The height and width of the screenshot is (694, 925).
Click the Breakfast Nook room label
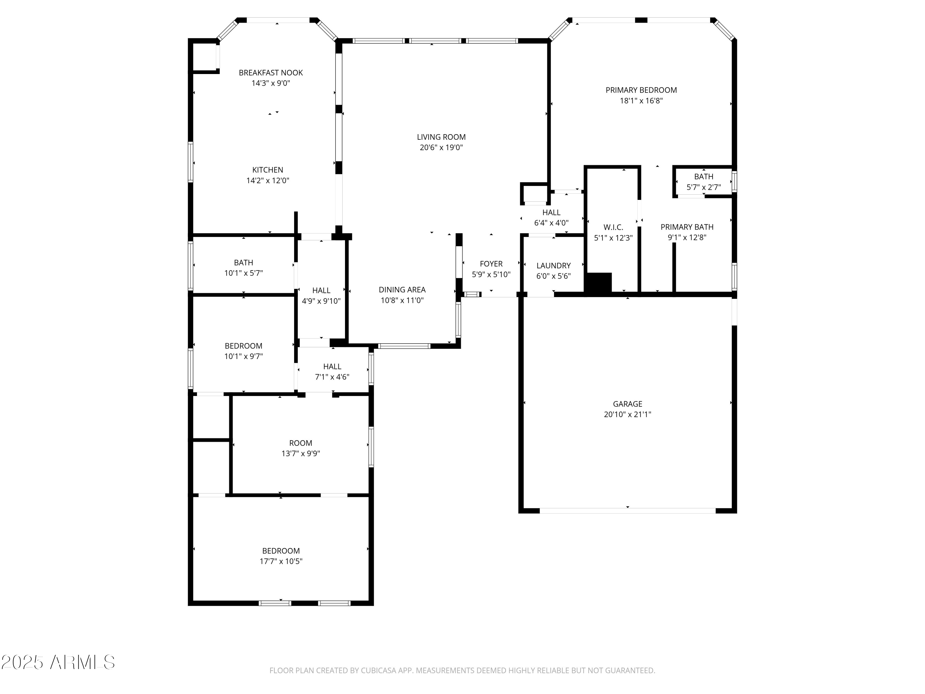click(270, 73)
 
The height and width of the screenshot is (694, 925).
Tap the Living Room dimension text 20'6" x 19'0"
click(441, 147)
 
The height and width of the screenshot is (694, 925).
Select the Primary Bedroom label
click(641, 90)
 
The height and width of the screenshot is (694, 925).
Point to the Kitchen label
click(268, 170)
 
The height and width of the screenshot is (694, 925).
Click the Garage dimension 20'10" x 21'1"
click(627, 414)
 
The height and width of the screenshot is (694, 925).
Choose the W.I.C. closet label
click(613, 227)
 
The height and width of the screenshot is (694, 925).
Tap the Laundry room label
click(553, 266)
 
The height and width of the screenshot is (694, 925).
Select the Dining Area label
click(402, 290)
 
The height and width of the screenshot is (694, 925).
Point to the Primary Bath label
click(687, 227)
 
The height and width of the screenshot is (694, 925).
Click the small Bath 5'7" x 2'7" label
click(703, 176)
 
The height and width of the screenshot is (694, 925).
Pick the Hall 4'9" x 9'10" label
click(321, 290)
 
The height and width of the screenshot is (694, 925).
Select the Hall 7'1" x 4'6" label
click(332, 366)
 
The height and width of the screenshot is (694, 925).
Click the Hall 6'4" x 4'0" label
click(551, 213)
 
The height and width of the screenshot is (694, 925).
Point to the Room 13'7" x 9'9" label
click(300, 443)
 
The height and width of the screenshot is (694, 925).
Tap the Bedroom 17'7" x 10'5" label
click(281, 551)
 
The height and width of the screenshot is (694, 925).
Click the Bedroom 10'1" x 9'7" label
click(243, 346)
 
